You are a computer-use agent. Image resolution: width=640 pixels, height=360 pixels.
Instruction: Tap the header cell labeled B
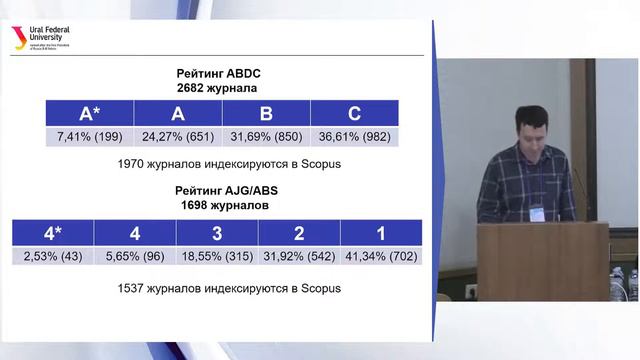point(267,112)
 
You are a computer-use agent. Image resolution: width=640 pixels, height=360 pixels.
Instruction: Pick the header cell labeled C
point(354,112)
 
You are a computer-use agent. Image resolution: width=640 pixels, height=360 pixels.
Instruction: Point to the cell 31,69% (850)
point(267,136)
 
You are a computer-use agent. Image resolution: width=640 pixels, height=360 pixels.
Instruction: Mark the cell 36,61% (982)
point(354,136)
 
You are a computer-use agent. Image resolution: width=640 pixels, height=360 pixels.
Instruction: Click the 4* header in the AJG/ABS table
point(53,233)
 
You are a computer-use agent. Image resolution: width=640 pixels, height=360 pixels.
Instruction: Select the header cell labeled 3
point(217,233)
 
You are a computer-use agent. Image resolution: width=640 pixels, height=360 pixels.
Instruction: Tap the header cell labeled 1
point(381,233)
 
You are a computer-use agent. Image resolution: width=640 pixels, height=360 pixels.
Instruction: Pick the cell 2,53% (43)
point(53,257)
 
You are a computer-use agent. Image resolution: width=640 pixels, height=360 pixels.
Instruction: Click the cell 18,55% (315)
point(217,257)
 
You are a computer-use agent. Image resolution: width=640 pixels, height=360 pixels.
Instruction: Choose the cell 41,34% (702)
point(381,257)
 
